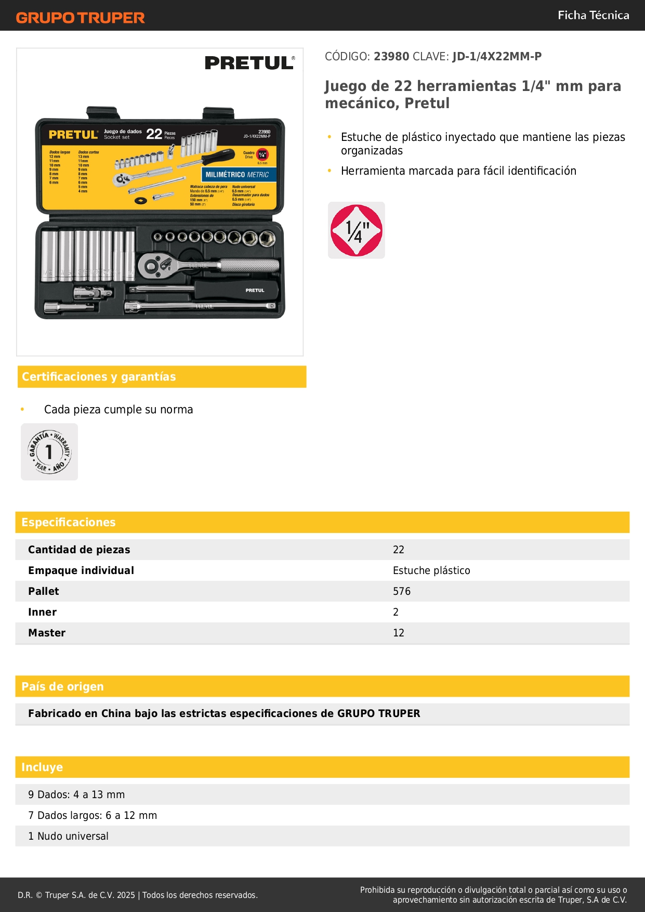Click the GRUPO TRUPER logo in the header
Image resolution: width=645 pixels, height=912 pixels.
point(80,18)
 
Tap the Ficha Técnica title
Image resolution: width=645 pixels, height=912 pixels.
point(593,15)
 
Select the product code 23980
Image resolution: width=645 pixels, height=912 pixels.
point(391,56)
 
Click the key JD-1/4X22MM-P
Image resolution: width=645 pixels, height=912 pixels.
point(496,56)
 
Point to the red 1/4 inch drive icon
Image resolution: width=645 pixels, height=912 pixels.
point(357,230)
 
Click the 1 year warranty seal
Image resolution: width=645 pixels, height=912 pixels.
point(49,452)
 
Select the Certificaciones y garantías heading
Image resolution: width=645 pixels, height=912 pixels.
point(99,376)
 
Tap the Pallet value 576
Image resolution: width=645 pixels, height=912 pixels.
point(401,591)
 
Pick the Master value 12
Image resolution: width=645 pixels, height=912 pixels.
point(398,633)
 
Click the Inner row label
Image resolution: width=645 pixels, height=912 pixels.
point(42,612)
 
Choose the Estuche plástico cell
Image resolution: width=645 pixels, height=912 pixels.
point(431,570)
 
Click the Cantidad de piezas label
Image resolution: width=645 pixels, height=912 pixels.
point(79,550)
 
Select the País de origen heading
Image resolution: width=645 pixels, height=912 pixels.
point(62,686)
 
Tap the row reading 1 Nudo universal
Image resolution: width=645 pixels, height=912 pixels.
point(68,836)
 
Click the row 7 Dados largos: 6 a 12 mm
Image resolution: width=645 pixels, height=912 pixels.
point(93,815)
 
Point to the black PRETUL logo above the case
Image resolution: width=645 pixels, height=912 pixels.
point(249,63)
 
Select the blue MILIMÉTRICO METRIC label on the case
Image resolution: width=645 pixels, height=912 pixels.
point(237,175)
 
